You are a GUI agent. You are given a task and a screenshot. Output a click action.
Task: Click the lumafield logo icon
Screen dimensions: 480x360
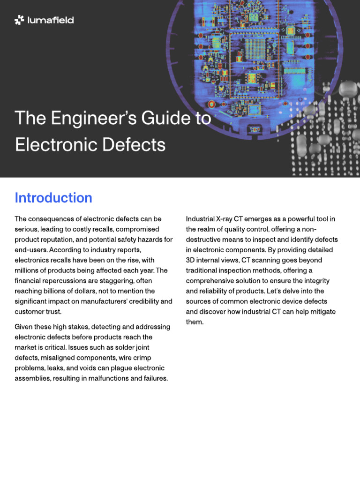tap(19, 20)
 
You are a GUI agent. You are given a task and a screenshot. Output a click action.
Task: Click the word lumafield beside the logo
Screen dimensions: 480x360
tap(50, 20)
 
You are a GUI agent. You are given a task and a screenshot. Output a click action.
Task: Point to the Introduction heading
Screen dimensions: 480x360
tap(53, 198)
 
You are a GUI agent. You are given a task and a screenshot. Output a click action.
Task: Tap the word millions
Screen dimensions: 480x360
tap(28, 270)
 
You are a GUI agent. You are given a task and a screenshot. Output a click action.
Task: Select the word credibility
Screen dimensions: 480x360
tap(141, 301)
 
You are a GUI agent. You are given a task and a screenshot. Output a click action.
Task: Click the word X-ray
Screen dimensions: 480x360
tap(229, 219)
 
